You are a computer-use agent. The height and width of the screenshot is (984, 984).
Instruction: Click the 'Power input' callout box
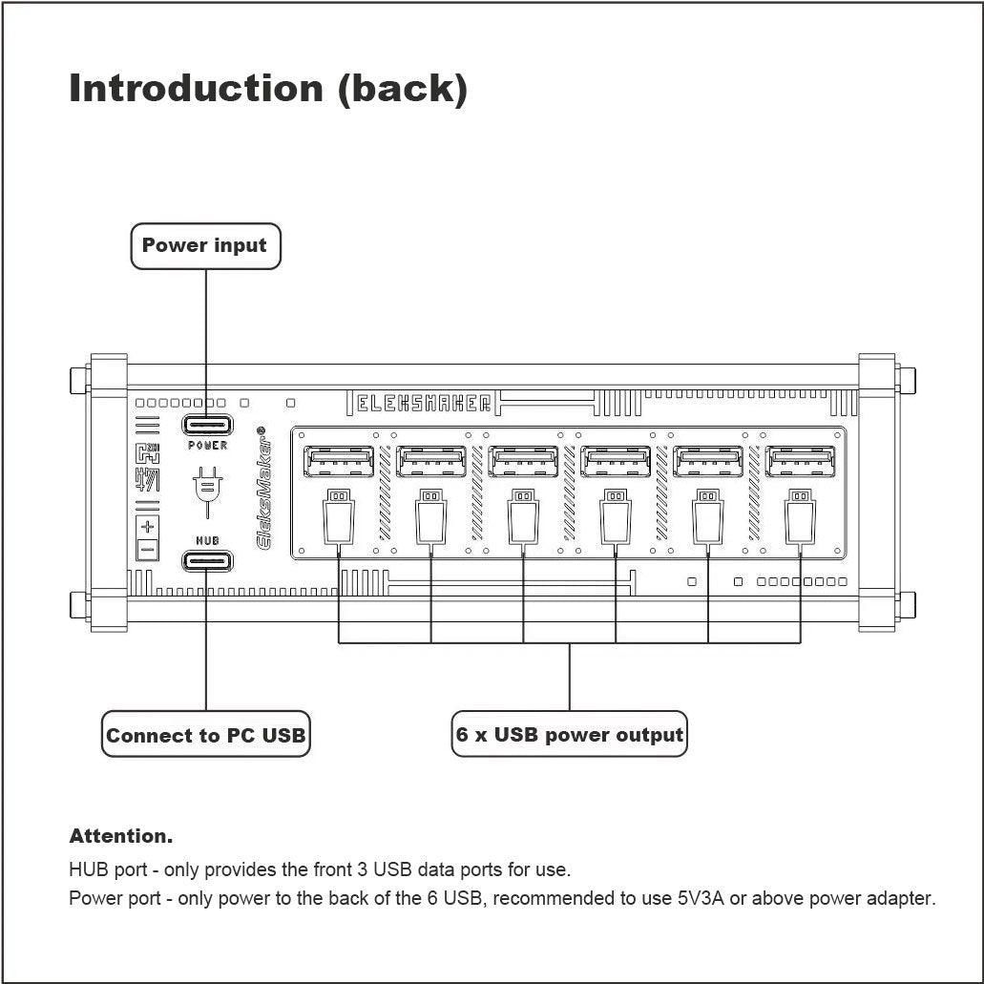point(205,246)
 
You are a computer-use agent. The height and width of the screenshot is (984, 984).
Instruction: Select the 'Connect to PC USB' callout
point(206,734)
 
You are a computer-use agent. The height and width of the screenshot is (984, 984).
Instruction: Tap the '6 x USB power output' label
point(569,734)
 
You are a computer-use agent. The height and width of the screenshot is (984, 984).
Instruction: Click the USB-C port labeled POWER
point(207,425)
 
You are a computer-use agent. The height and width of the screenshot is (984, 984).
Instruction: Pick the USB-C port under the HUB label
point(207,560)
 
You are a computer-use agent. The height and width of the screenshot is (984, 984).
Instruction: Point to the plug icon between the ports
point(208,492)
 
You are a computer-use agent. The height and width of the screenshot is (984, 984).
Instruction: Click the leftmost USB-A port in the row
point(338,461)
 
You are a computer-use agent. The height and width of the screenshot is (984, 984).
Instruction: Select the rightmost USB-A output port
point(800,461)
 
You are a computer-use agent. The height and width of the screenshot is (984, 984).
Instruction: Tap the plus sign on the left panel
point(148,526)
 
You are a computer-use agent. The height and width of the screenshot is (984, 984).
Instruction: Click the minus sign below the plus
point(148,551)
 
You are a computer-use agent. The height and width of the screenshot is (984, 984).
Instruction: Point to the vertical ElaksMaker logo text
point(264,488)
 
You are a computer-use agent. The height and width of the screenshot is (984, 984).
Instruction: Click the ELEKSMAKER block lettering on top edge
point(424,403)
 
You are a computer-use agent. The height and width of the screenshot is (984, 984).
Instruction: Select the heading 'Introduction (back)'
point(268,89)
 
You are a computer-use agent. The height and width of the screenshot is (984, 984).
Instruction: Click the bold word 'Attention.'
point(120,836)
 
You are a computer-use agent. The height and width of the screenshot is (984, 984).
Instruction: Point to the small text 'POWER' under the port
point(208,445)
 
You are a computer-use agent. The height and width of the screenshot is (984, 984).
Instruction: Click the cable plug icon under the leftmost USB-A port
point(338,517)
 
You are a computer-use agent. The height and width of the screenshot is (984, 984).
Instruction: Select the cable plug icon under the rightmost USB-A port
point(800,517)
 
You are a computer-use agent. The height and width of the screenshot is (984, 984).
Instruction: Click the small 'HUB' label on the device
point(208,540)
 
